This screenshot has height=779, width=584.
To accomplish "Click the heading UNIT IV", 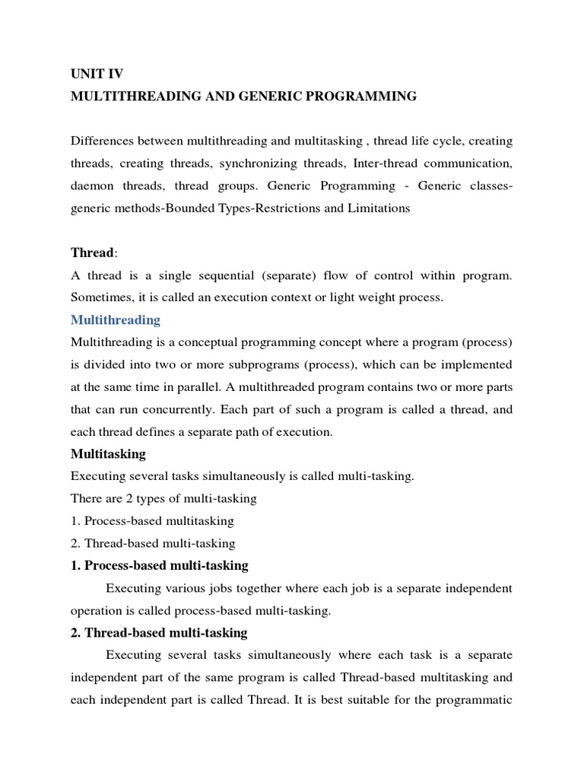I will coord(97,74).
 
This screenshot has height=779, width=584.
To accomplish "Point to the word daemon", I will coord(92,186).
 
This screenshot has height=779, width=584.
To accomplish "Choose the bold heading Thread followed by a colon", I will coord(92,252).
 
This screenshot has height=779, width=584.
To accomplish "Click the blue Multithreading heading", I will coord(116,320).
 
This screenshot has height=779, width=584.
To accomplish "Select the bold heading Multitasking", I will coord(108,454).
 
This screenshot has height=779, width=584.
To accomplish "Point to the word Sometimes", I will coord(100,297).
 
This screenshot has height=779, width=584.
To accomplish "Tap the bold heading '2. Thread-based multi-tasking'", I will coord(159,633).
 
